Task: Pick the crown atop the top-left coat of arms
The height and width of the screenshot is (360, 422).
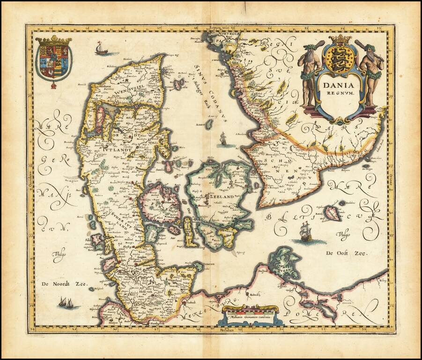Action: pyautogui.click(x=53, y=40)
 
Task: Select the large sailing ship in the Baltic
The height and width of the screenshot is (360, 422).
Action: pyautogui.click(x=306, y=232)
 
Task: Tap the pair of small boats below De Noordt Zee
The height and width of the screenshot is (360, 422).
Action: pyautogui.click(x=66, y=303)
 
